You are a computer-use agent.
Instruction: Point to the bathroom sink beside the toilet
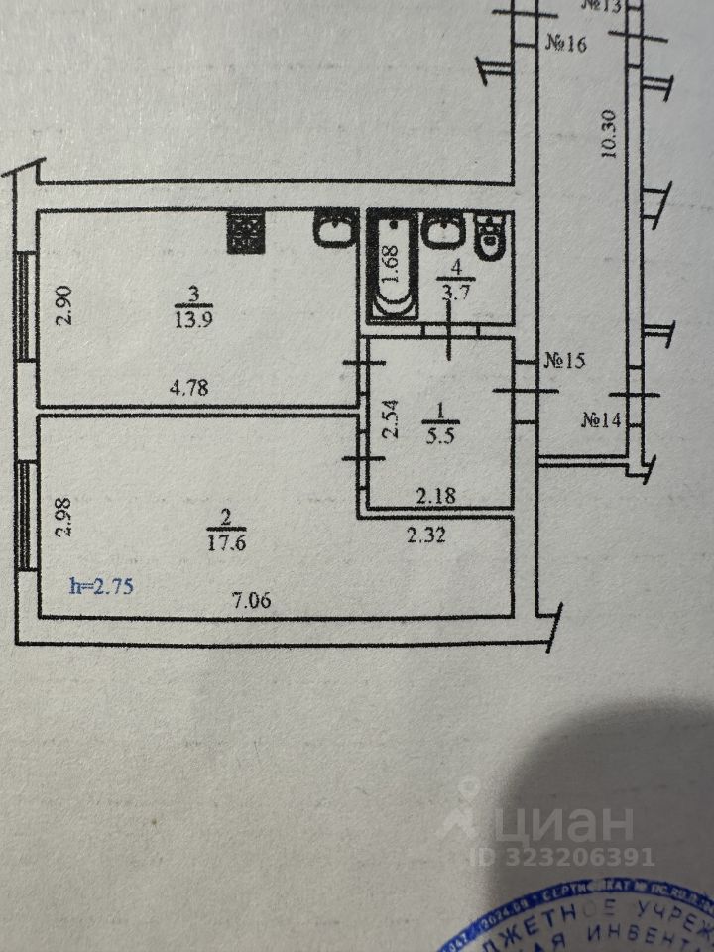pos(442,231)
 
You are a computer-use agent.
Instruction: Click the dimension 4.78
pos(189,388)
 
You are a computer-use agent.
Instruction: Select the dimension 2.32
pos(425,535)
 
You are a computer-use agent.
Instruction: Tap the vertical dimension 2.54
pos(391,418)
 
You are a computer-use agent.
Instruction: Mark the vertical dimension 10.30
pos(609,133)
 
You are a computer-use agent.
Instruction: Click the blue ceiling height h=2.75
pos(102,585)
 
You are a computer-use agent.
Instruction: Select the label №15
pos(564,361)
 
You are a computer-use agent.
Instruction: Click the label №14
pos(601,419)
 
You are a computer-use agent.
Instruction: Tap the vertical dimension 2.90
pos(63,305)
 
